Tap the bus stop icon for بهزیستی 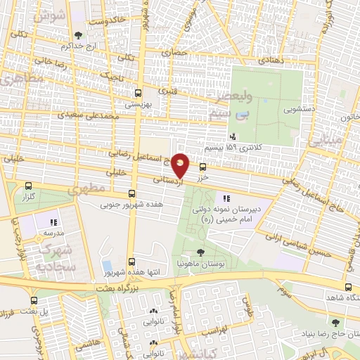138,92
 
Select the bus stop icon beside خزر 202,167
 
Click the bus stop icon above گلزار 28,186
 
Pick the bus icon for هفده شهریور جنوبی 132,194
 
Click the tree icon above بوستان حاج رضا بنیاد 335,322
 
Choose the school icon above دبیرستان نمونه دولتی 226,199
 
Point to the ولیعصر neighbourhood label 229,98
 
